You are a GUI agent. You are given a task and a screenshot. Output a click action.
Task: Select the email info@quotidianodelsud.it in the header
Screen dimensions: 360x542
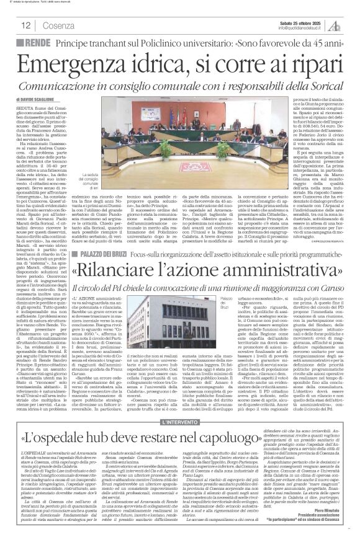[292, 27]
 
